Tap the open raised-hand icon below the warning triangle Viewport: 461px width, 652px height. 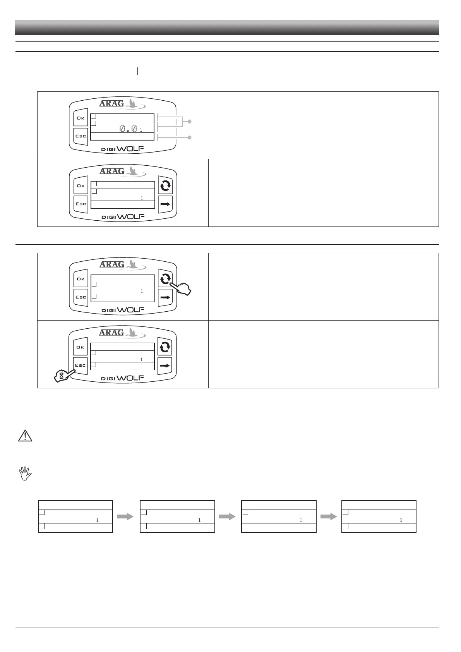click(25, 473)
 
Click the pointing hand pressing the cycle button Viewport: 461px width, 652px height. click(182, 289)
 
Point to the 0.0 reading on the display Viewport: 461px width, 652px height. click(128, 128)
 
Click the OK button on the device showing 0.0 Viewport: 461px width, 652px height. click(81, 118)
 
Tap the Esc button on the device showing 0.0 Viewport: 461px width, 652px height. click(81, 136)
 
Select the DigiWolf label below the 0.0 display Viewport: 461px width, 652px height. click(123, 149)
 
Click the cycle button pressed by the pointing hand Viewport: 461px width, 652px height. click(165, 279)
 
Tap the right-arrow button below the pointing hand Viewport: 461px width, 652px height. click(165, 297)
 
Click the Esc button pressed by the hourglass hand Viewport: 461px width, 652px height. click(81, 365)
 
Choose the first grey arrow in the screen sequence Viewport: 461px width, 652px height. click(125, 516)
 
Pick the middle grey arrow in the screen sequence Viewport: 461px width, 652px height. click(227, 516)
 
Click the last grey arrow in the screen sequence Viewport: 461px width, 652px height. click(329, 516)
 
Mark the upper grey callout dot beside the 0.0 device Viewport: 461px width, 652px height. click(190, 122)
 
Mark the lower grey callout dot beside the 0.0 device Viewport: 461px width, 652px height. click(190, 137)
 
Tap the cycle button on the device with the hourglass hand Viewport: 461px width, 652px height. click(165, 347)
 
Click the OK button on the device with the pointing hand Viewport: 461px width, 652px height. click(81, 279)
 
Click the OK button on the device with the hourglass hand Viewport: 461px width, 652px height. click(81, 347)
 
